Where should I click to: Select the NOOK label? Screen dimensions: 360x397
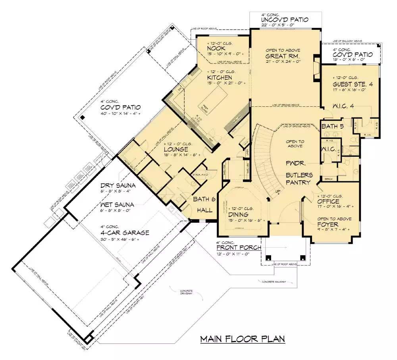(x=216, y=48)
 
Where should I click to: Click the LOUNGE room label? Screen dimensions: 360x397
(x=175, y=149)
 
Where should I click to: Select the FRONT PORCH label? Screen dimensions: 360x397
(x=239, y=248)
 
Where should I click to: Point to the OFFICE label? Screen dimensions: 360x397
(x=328, y=202)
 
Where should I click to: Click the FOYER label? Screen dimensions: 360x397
(x=328, y=224)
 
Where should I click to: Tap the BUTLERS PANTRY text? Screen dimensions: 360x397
(x=300, y=179)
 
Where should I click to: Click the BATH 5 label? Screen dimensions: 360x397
(x=332, y=127)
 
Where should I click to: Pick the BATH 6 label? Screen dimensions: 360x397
(x=204, y=200)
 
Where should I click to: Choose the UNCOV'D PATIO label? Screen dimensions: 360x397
(x=284, y=20)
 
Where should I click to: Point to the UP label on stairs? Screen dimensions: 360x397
(x=278, y=192)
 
